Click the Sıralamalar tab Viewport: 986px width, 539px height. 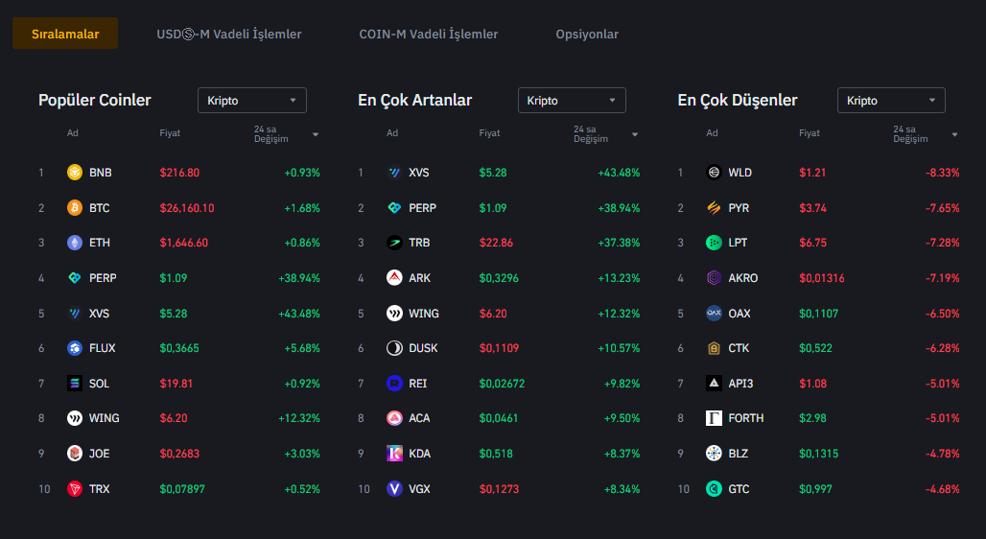[65, 34]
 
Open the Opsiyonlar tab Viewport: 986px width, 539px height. [587, 34]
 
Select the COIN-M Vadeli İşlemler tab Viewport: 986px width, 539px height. [429, 34]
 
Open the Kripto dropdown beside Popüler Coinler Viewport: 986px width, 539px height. [252, 101]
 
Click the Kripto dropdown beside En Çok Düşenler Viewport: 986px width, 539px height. [891, 101]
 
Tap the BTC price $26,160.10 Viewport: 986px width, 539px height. [187, 208]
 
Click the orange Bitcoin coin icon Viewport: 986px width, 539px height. [75, 208]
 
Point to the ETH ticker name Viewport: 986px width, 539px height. [101, 243]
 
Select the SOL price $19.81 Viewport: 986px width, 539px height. [176, 384]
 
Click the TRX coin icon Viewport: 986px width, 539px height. [75, 489]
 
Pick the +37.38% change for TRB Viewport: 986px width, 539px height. [618, 243]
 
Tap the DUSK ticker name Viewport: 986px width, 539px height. [423, 348]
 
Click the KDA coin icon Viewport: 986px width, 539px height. [394, 454]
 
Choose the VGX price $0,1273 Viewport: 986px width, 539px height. [499, 489]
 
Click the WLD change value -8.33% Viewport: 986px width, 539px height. [943, 173]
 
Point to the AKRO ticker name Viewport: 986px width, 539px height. [743, 278]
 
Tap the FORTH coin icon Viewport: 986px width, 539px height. [714, 418]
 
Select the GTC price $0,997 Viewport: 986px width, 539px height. [815, 489]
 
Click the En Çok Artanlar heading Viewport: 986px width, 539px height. [414, 101]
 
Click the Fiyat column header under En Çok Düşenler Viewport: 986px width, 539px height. [810, 133]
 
